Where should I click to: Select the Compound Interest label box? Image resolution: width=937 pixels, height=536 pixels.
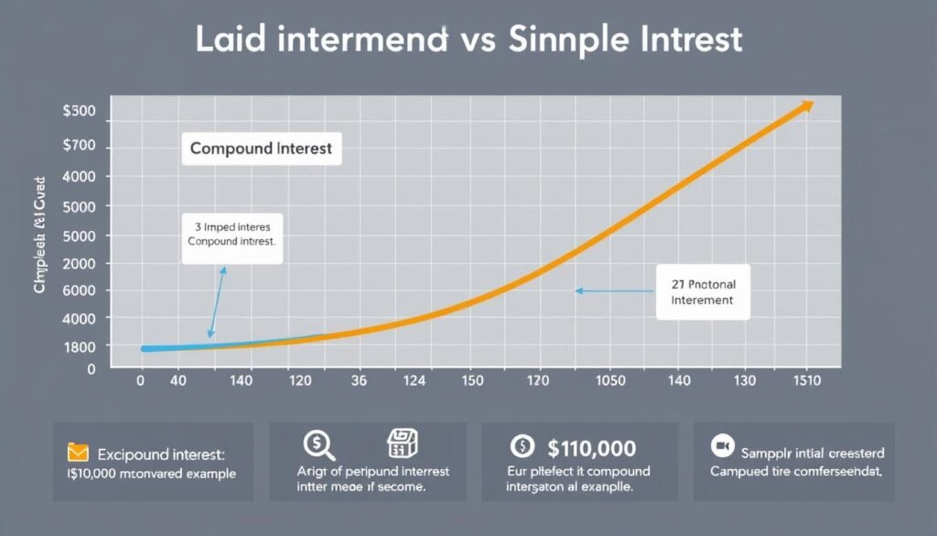click(261, 148)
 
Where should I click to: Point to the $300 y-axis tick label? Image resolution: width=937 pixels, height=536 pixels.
click(79, 111)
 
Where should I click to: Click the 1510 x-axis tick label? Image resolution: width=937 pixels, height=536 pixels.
click(806, 379)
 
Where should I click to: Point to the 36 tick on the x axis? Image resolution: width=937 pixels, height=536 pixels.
click(360, 379)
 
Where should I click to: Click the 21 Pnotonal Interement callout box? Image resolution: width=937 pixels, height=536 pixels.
click(703, 292)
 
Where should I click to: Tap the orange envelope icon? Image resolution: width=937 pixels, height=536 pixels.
click(78, 452)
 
